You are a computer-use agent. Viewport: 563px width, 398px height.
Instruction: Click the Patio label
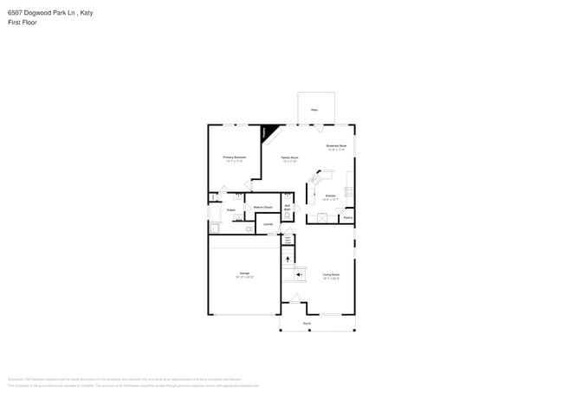pyautogui.click(x=314, y=110)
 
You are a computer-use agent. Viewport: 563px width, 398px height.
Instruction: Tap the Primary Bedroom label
pyautogui.click(x=235, y=157)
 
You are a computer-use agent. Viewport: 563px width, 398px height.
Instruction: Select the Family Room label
pyautogui.click(x=289, y=158)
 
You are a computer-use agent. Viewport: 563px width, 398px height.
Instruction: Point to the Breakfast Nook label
pyautogui.click(x=336, y=146)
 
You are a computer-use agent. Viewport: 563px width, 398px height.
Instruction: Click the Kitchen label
pyautogui.click(x=330, y=196)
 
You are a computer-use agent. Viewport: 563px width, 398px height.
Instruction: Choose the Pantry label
pyautogui.click(x=346, y=218)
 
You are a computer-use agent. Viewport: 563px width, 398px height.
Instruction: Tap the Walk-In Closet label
pyautogui.click(x=262, y=208)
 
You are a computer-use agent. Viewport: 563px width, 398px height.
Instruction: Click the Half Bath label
pyautogui.click(x=288, y=207)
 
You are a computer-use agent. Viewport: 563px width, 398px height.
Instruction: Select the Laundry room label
pyautogui.click(x=269, y=225)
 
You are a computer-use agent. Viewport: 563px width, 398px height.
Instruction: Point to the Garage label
pyautogui.click(x=244, y=273)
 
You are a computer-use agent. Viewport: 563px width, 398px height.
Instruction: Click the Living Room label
pyautogui.click(x=331, y=275)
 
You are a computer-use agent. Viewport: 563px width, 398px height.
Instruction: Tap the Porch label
pyautogui.click(x=307, y=324)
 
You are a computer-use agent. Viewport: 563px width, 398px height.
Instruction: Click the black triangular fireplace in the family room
pyautogui.click(x=270, y=132)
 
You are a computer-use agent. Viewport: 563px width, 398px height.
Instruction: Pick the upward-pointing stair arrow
pyautogui.click(x=288, y=259)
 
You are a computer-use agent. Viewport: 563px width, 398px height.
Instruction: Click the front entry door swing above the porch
pyautogui.click(x=294, y=300)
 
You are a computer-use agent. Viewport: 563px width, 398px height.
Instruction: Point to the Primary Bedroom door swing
pyautogui.click(x=252, y=184)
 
